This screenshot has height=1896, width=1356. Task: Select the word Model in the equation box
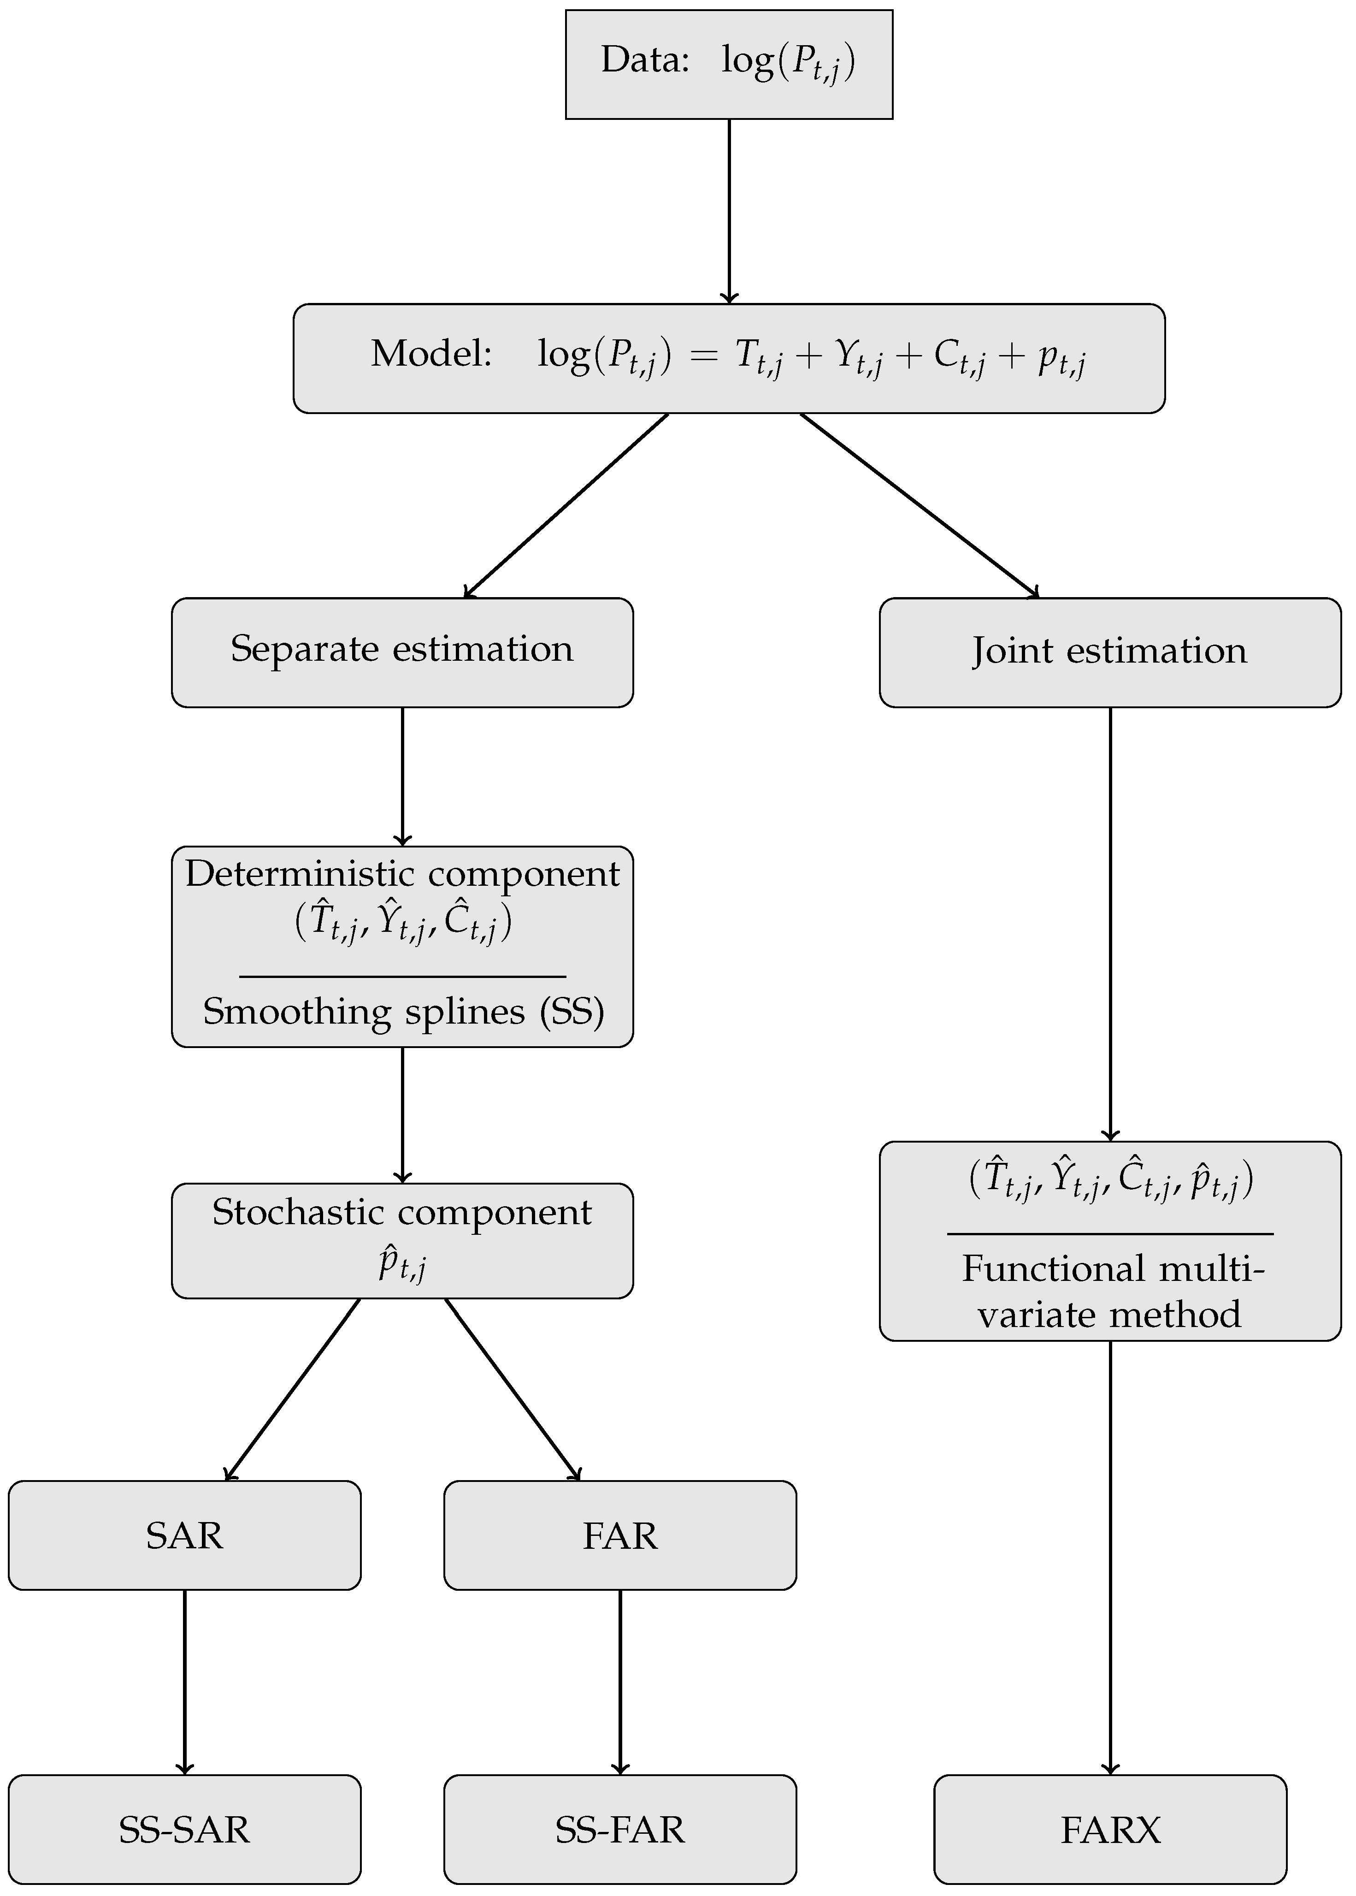(x=431, y=354)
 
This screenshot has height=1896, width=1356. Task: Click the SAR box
(x=184, y=1535)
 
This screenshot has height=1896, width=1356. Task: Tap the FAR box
(x=619, y=1535)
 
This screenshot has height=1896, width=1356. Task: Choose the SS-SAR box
(x=184, y=1829)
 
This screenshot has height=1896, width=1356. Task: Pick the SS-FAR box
(x=619, y=1829)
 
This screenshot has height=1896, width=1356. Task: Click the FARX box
(x=1110, y=1829)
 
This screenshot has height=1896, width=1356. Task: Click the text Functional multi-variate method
(x=1110, y=1292)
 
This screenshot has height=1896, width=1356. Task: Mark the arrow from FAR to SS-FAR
(x=619, y=1681)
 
